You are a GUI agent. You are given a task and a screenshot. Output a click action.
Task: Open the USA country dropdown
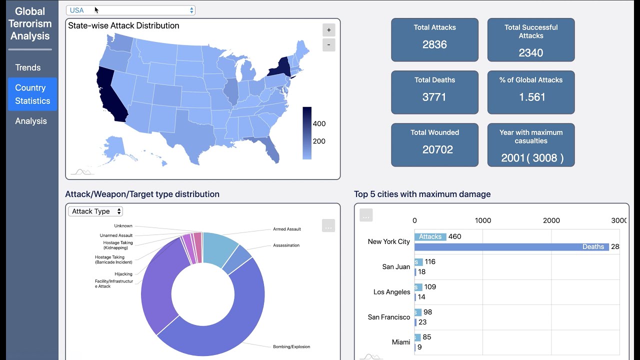pos(130,10)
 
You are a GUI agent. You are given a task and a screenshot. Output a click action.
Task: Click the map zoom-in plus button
pos(328,30)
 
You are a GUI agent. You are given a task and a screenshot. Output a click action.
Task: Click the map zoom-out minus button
pos(328,45)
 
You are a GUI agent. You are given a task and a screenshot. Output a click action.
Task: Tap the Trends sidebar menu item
pos(28,67)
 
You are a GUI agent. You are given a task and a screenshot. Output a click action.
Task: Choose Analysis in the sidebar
pos(31,121)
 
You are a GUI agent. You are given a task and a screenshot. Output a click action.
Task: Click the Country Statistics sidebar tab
pos(32,94)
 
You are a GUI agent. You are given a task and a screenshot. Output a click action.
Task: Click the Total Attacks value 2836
pos(434,44)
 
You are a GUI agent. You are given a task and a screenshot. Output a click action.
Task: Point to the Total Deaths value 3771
pos(434,97)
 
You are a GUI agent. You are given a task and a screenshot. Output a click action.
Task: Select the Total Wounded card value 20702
pos(437,149)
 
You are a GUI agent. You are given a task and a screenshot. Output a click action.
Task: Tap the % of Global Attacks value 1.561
pos(531,97)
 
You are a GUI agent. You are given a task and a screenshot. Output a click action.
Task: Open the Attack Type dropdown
pos(95,211)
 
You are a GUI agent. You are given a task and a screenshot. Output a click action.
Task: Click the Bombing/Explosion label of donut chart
pos(291,346)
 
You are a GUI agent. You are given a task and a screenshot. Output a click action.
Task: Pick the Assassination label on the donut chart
pos(286,245)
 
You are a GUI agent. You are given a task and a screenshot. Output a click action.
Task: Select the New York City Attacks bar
pos(430,236)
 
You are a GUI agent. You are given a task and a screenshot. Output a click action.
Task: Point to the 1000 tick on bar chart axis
pos(482,220)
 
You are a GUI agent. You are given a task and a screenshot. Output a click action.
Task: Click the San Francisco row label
pos(388,317)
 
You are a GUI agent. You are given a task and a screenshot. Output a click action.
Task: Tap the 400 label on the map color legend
pos(319,124)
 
